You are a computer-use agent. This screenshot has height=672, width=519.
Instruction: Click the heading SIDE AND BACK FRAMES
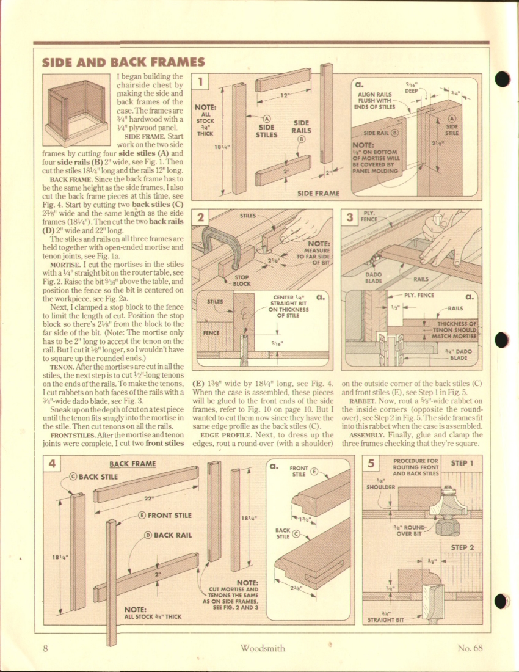123,62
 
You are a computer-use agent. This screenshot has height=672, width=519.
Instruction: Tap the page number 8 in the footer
46,648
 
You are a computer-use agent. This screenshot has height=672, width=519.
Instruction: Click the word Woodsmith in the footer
262,648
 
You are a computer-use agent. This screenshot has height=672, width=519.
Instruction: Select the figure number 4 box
53,463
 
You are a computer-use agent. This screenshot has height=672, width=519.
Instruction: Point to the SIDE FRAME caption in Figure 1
318,194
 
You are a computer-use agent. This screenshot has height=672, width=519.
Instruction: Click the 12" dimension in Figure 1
285,96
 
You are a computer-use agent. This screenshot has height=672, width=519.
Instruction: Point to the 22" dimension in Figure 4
148,497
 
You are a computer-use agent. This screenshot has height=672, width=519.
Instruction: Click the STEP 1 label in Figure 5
462,463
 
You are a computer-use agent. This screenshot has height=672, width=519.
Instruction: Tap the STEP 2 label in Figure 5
462,547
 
